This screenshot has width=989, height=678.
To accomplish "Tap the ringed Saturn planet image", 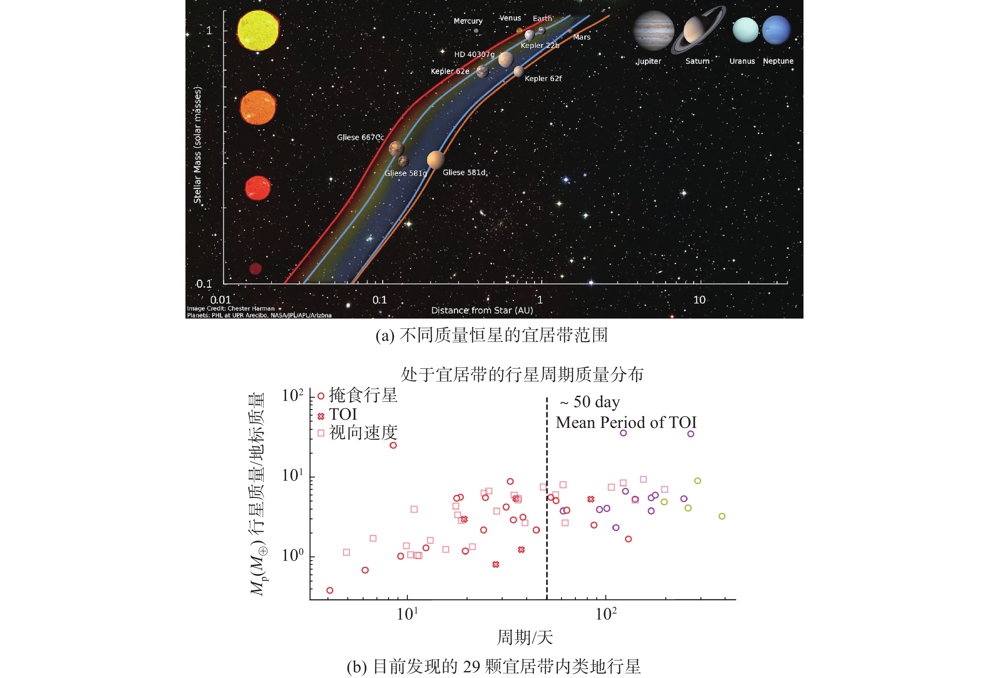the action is pyautogui.click(x=698, y=30).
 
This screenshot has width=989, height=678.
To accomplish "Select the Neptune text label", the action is pyautogui.click(x=778, y=61).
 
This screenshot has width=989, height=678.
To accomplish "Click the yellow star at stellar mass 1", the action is pyautogui.click(x=258, y=31).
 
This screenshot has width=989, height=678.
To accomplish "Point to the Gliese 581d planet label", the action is pyautogui.click(x=464, y=172).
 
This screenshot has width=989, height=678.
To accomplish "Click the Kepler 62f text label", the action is pyautogui.click(x=543, y=78).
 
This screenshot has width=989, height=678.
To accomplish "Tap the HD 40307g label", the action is pyautogui.click(x=474, y=55).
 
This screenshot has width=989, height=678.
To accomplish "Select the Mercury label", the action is pyautogui.click(x=468, y=21).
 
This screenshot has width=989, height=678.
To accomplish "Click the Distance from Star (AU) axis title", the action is pyautogui.click(x=482, y=310).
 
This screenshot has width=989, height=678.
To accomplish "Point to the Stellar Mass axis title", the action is pyautogui.click(x=197, y=145).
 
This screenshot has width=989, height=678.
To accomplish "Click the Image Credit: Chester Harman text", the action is pyautogui.click(x=231, y=308).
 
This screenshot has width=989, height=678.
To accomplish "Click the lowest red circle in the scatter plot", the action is pyautogui.click(x=330, y=590).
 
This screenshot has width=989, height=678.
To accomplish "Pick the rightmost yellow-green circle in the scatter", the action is pyautogui.click(x=722, y=516).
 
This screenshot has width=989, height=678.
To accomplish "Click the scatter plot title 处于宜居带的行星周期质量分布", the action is pyautogui.click(x=522, y=375).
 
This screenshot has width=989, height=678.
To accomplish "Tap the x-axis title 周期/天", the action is pyautogui.click(x=525, y=637).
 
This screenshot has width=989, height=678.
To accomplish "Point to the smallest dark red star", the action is pyautogui.click(x=255, y=269).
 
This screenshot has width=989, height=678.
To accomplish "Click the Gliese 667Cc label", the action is pyautogui.click(x=360, y=137).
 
